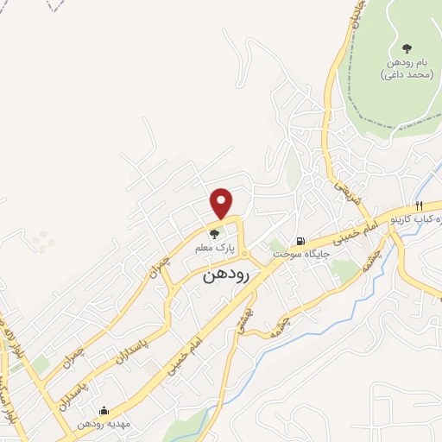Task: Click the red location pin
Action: coord(222,203)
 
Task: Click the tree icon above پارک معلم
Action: coord(215,233)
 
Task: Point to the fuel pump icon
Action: coord(299,241)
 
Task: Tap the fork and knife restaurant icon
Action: coord(419,206)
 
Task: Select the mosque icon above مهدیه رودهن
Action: coord(104,411)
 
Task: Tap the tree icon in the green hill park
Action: coord(407,48)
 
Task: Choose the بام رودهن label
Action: coord(406,63)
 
